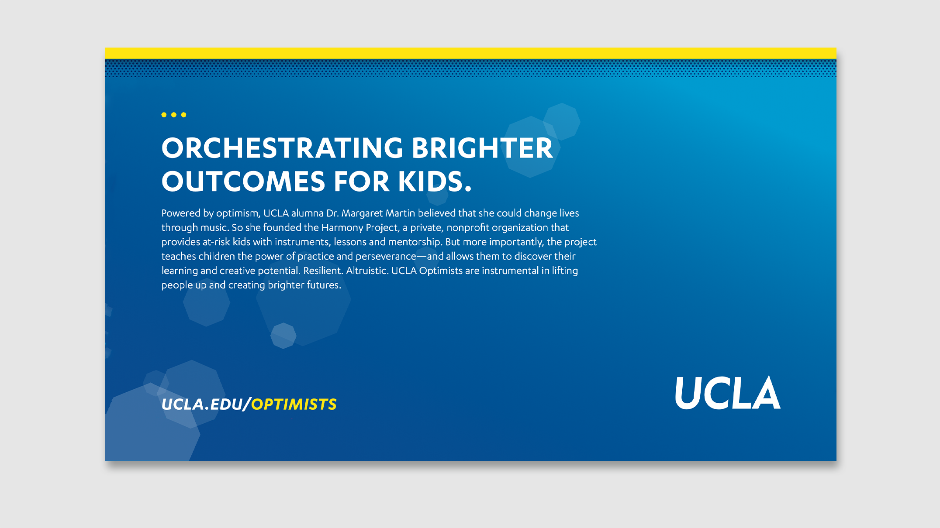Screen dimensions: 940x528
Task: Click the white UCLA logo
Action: click(x=728, y=393)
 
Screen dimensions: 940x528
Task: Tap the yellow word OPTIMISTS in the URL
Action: click(x=294, y=405)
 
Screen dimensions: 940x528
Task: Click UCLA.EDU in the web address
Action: click(x=202, y=405)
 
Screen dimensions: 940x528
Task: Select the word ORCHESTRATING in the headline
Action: click(x=282, y=148)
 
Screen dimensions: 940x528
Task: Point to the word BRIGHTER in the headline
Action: click(x=482, y=148)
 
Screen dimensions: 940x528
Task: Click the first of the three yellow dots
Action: click(x=164, y=115)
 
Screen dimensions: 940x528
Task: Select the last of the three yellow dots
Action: click(x=183, y=115)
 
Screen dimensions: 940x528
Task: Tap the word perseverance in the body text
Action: click(x=386, y=257)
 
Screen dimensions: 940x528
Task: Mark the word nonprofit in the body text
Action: click(x=467, y=228)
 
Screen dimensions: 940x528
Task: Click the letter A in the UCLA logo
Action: click(x=766, y=393)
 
